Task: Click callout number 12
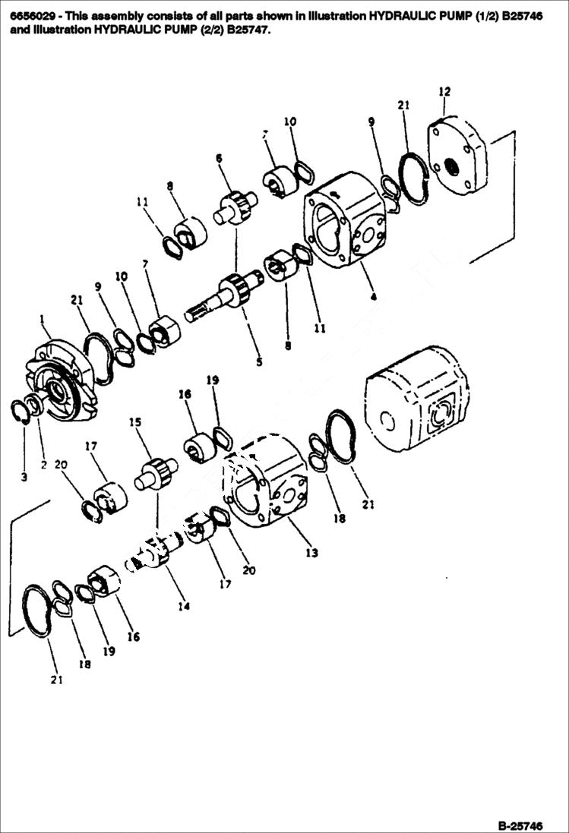tap(444, 92)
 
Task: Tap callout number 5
tap(259, 362)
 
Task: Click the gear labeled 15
tap(156, 475)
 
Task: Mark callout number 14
tap(183, 606)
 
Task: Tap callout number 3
tap(24, 477)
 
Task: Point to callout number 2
tap(43, 465)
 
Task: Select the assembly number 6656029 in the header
tap(31, 15)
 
